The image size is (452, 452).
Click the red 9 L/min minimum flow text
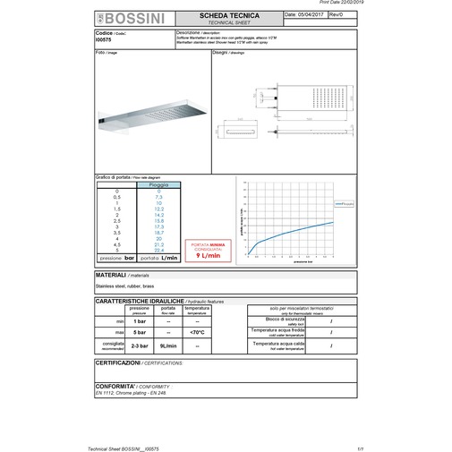pos(209,255)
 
